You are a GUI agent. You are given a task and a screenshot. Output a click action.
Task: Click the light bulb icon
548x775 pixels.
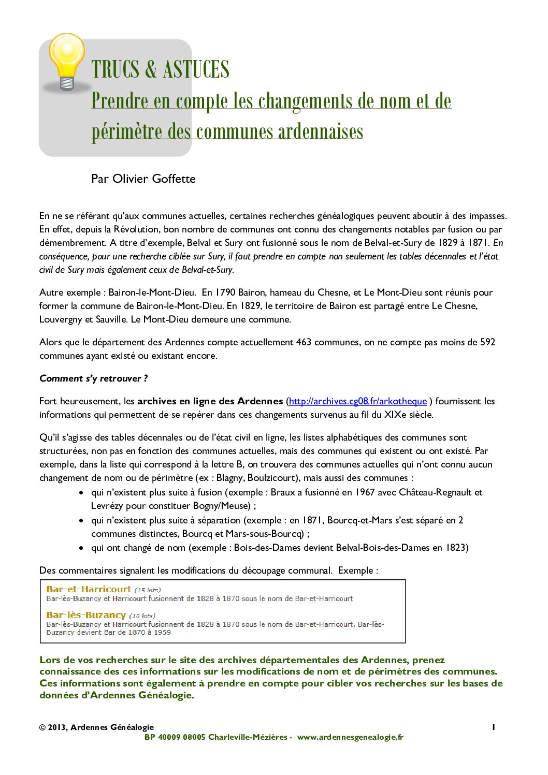coord(66,61)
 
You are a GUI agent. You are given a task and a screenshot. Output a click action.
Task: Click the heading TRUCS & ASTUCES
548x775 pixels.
coord(160,69)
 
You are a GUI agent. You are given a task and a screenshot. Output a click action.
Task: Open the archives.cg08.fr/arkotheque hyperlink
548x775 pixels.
coord(358,401)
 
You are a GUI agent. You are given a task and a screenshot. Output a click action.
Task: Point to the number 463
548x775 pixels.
coord(304,342)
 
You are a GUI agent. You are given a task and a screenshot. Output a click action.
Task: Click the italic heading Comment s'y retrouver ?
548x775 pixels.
coord(94,378)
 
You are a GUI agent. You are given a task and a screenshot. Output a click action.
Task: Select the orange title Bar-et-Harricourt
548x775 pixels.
coord(89,589)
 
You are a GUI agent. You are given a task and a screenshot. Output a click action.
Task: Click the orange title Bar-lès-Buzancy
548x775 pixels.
coord(86,615)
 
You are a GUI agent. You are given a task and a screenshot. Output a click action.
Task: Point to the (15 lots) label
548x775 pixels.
coord(148,590)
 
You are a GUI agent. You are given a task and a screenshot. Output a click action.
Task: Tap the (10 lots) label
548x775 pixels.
coord(142,616)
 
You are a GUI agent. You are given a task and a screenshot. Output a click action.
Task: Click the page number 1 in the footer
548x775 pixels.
coord(494,727)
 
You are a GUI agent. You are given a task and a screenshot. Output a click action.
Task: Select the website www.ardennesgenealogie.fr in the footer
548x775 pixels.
coord(350,737)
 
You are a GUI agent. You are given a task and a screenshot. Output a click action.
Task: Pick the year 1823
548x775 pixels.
coord(456,547)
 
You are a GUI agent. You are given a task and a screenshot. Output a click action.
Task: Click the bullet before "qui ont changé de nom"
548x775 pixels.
coord(81,548)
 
